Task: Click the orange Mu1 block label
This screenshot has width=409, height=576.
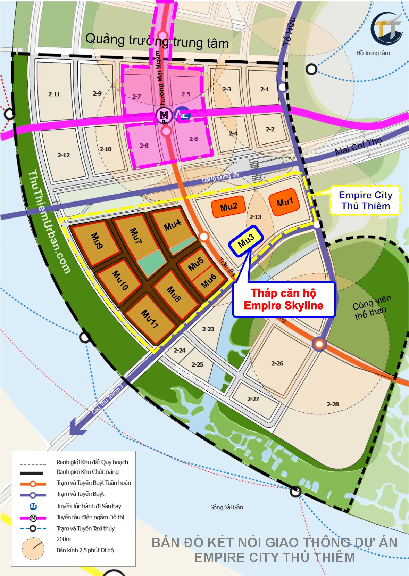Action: [x=284, y=202]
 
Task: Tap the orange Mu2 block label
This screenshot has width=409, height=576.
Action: [x=228, y=207]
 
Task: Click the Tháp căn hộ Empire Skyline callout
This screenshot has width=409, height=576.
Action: [x=284, y=299]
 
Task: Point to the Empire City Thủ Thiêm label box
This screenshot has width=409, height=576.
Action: [x=365, y=200]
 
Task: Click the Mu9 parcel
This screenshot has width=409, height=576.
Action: [x=97, y=241]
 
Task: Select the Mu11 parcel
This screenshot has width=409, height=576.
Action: [x=150, y=319]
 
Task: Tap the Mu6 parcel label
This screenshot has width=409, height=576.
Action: [x=209, y=281]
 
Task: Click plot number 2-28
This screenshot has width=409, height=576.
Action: [x=333, y=404]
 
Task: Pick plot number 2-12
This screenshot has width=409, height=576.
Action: [x=64, y=155]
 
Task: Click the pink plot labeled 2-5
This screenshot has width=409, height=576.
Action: [x=186, y=94]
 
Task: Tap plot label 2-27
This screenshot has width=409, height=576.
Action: [x=253, y=399]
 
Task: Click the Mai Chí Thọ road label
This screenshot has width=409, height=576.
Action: [x=358, y=146]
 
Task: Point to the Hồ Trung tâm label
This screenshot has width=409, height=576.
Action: [x=373, y=53]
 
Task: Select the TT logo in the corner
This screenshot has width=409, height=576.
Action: [x=386, y=28]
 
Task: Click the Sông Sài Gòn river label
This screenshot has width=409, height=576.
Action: [x=227, y=507]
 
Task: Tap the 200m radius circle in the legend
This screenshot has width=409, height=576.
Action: [x=33, y=549]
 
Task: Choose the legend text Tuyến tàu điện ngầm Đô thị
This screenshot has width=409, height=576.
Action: [x=90, y=517]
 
